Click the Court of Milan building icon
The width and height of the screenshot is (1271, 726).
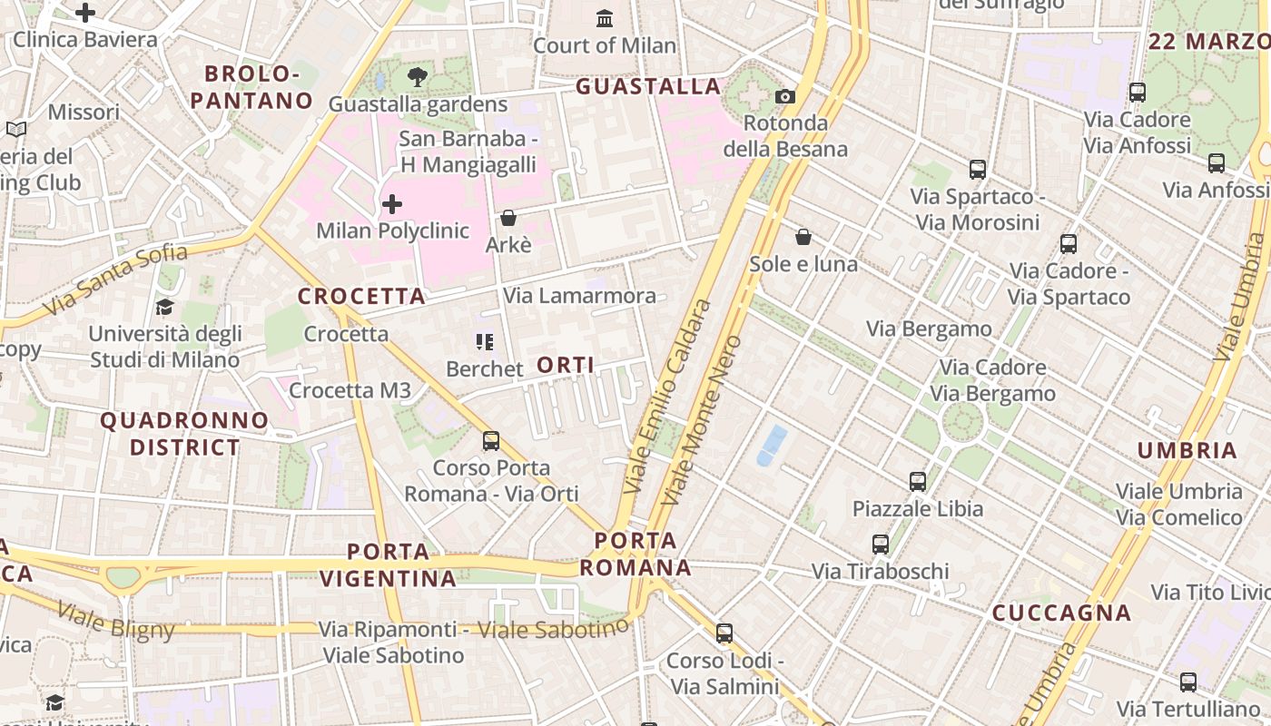(x=605, y=18)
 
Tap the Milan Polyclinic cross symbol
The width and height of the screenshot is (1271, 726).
(x=392, y=204)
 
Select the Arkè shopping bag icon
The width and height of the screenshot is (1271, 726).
(x=508, y=218)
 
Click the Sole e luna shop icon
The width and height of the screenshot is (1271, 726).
(x=803, y=237)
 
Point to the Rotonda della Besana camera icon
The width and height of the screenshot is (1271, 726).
(x=785, y=96)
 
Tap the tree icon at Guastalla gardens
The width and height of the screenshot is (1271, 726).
(x=418, y=77)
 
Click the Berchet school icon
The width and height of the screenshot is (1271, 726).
(x=485, y=342)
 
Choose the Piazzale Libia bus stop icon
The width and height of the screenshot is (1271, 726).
(x=918, y=481)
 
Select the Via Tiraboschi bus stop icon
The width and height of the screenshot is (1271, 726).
(x=881, y=544)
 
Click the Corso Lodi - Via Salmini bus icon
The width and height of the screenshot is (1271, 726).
(x=724, y=633)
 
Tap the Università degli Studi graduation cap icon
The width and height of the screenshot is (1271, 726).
(x=164, y=307)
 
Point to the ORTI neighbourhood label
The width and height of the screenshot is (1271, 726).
(x=566, y=365)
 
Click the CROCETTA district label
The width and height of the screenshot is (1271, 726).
(x=361, y=297)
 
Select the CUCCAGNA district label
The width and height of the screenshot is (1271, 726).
(x=1061, y=613)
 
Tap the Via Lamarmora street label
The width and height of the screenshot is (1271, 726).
(x=579, y=296)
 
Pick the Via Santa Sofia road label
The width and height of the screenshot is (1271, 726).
(x=114, y=280)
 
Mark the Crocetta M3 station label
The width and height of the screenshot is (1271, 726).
(x=350, y=391)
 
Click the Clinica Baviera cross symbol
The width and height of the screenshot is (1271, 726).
(x=85, y=13)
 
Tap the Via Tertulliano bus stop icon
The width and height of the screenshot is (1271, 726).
(x=1188, y=682)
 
